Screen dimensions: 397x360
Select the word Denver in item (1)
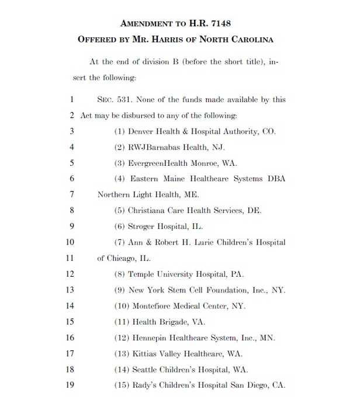click(141, 131)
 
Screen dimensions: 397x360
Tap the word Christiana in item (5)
click(148, 210)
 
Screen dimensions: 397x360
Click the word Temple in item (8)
click(142, 274)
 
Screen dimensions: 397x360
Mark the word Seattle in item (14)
click(145, 370)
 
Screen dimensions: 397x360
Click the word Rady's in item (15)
click(144, 385)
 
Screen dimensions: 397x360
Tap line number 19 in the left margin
click(70, 385)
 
